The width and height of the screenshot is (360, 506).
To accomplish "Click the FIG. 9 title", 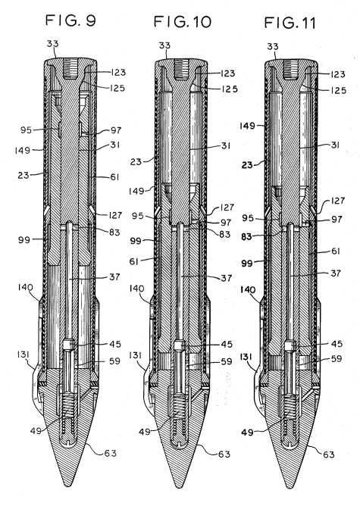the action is [70, 20].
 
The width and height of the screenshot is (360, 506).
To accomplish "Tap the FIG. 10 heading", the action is [183, 22].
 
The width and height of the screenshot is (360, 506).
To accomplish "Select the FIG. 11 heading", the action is [290, 23].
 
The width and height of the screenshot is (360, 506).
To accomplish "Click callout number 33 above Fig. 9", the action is [52, 44].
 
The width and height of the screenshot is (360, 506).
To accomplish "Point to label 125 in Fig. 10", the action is [230, 89].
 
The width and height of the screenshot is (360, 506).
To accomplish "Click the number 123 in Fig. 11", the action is [338, 74].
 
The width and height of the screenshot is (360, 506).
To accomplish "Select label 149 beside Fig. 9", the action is [23, 150].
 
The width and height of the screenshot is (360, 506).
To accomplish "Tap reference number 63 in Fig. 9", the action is [110, 453].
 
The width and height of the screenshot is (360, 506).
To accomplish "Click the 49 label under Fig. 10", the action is [145, 432].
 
